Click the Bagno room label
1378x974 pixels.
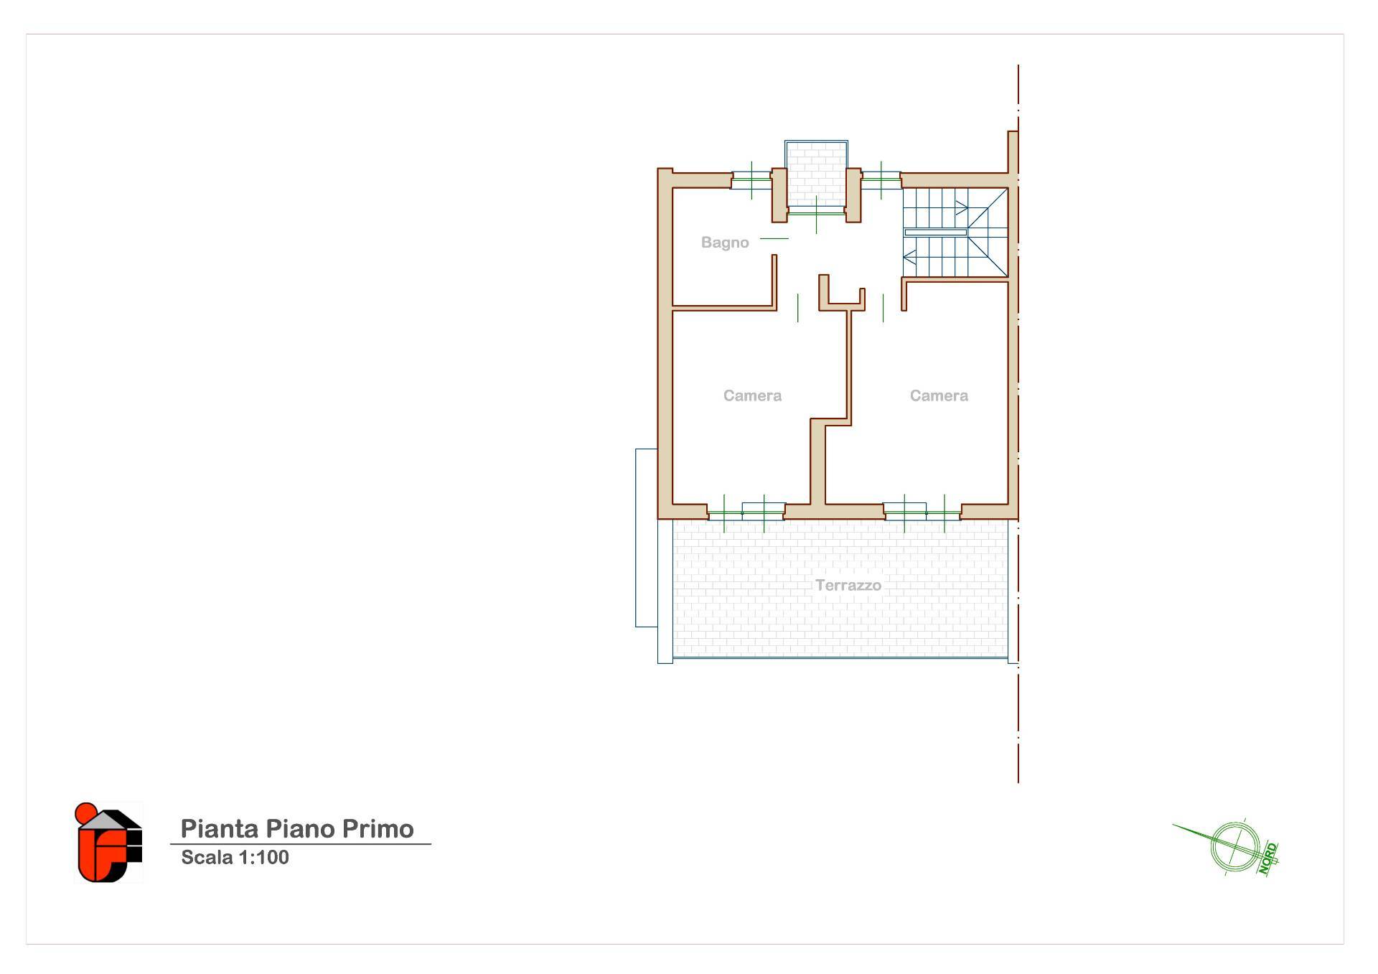(x=725, y=243)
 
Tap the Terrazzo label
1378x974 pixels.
(x=848, y=585)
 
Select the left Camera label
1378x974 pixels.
(x=752, y=395)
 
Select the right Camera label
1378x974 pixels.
(x=939, y=395)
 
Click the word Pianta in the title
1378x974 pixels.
(x=220, y=828)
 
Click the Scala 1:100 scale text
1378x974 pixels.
(x=235, y=857)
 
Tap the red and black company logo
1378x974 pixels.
(x=108, y=842)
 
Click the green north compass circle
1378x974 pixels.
(x=1234, y=846)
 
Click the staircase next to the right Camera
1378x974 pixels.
(x=955, y=232)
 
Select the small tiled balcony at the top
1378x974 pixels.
(x=816, y=174)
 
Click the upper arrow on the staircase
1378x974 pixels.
(x=961, y=208)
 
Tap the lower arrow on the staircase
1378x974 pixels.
(x=909, y=256)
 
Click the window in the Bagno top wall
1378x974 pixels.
(x=751, y=180)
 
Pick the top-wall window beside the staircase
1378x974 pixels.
(x=881, y=180)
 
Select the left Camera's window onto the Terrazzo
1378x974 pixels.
(x=745, y=511)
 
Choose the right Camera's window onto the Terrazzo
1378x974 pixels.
(x=923, y=511)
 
